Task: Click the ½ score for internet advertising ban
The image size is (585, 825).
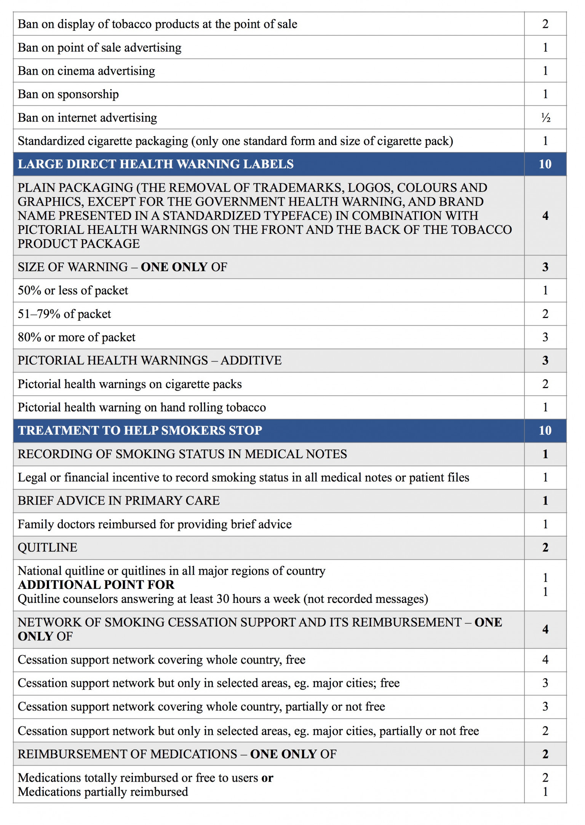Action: pyautogui.click(x=545, y=118)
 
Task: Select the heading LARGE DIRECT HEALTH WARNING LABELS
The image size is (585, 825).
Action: pyautogui.click(x=155, y=164)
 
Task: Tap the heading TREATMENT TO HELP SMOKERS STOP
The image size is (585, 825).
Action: pyautogui.click(x=140, y=430)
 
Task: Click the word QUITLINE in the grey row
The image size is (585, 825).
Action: pyautogui.click(x=48, y=547)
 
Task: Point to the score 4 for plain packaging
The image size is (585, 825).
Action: pyautogui.click(x=545, y=216)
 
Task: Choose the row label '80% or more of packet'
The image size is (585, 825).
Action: pyautogui.click(x=77, y=337)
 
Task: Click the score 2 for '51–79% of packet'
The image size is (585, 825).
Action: pyautogui.click(x=545, y=314)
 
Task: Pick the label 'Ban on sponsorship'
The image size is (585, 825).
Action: pyautogui.click(x=68, y=94)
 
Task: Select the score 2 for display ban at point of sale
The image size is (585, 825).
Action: pyautogui.click(x=545, y=24)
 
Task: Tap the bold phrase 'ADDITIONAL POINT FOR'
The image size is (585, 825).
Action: pyautogui.click(x=96, y=585)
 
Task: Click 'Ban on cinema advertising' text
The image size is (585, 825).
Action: pyautogui.click(x=86, y=71)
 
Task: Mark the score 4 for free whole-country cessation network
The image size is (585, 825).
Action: pyautogui.click(x=545, y=660)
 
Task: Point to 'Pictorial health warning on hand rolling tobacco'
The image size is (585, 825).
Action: pyautogui.click(x=142, y=407)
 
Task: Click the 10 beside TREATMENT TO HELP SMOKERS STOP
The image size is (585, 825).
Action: pyautogui.click(x=545, y=430)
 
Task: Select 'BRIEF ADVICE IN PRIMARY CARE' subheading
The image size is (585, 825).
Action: pyautogui.click(x=118, y=500)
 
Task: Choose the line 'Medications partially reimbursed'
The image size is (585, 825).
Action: pyautogui.click(x=103, y=792)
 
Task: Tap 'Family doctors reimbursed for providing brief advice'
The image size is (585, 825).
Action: pyautogui.click(x=155, y=524)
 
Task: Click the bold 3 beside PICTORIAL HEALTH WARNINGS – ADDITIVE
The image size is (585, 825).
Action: pyautogui.click(x=545, y=360)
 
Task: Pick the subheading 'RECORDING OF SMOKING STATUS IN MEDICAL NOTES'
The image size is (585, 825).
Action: pyautogui.click(x=182, y=454)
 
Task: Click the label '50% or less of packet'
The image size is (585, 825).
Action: pyautogui.click(x=73, y=290)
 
